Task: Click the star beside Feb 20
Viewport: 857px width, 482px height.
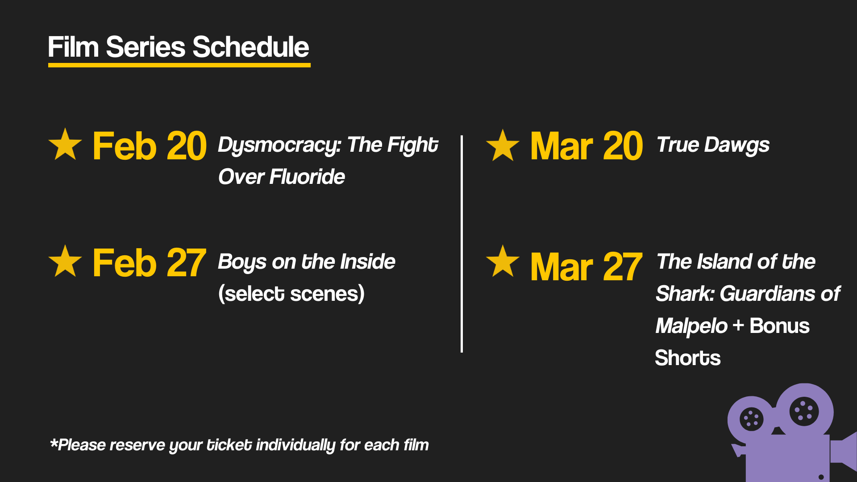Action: [65, 145]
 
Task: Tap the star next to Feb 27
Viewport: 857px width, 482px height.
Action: [65, 262]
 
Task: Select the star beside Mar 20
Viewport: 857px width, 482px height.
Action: [503, 146]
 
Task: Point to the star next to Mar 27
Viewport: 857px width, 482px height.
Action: [503, 262]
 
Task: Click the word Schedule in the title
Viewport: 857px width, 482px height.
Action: [250, 47]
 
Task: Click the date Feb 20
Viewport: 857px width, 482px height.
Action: [150, 146]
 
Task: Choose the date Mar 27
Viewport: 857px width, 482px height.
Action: [586, 267]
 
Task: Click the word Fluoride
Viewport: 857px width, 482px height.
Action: [307, 177]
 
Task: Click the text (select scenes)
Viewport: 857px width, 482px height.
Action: [291, 294]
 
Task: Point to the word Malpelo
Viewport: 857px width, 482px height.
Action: [691, 326]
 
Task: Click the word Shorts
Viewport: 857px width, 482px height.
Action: [687, 358]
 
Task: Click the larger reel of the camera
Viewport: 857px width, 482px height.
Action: [804, 411]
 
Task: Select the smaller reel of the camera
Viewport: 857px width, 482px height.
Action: [751, 419]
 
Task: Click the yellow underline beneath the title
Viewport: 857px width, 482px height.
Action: [179, 65]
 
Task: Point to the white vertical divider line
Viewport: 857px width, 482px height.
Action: [462, 244]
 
